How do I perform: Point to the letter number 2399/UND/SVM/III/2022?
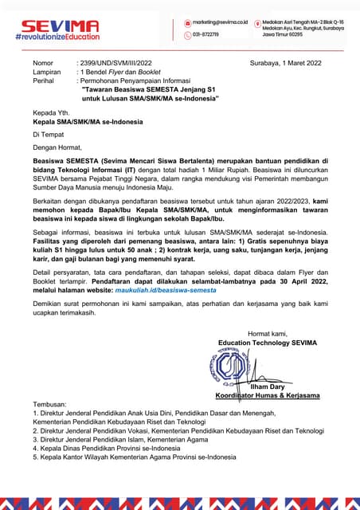[x=114, y=62]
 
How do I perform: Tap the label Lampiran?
[x=48, y=71]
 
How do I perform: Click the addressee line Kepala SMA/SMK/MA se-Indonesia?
[x=88, y=122]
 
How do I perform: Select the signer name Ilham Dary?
[x=268, y=386]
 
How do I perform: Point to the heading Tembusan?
[x=50, y=405]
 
